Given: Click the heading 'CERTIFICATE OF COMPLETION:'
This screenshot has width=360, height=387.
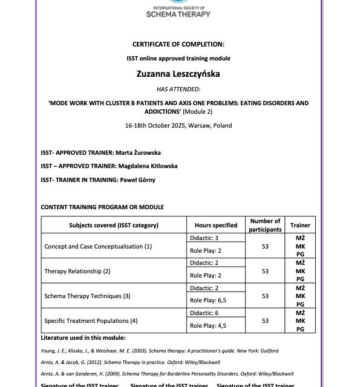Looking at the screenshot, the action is click(x=178, y=44).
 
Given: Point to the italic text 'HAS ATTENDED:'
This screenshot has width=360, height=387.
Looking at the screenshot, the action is click(x=178, y=88).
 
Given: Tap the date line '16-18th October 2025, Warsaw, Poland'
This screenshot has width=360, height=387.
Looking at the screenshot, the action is click(x=178, y=126).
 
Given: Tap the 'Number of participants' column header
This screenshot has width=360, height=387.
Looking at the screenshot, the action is click(x=265, y=226).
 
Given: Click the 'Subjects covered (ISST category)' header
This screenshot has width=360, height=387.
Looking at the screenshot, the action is click(x=114, y=226).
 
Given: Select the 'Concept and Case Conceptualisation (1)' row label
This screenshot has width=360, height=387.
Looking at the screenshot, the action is click(x=98, y=247).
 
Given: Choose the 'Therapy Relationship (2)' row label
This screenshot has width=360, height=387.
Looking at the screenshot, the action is click(x=77, y=272).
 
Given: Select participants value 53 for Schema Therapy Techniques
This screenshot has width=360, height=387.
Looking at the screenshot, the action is click(x=265, y=296).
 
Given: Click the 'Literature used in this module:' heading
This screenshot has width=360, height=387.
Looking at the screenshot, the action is click(x=83, y=338).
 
